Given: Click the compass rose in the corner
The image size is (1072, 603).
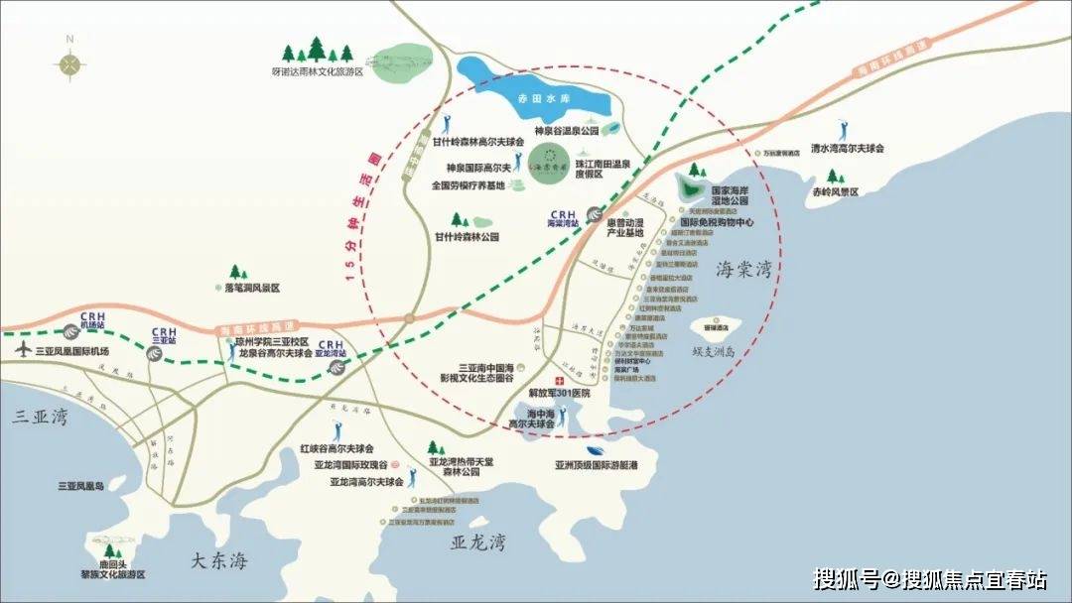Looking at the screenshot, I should [x=69, y=63].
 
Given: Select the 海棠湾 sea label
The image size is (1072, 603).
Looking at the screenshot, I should [x=742, y=269].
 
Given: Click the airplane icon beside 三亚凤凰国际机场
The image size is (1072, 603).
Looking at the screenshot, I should [x=23, y=350].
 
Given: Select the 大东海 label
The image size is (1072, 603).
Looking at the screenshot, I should [x=218, y=561].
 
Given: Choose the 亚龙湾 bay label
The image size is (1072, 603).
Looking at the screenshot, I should [x=478, y=543].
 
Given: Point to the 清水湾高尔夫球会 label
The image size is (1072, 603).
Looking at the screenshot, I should [x=846, y=148].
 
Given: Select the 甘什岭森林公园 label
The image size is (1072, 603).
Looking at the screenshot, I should [x=466, y=237].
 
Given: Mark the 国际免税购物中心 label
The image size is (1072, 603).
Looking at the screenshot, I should [x=719, y=223].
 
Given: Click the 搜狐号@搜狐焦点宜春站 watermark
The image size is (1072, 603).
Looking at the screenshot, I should [x=930, y=578].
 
